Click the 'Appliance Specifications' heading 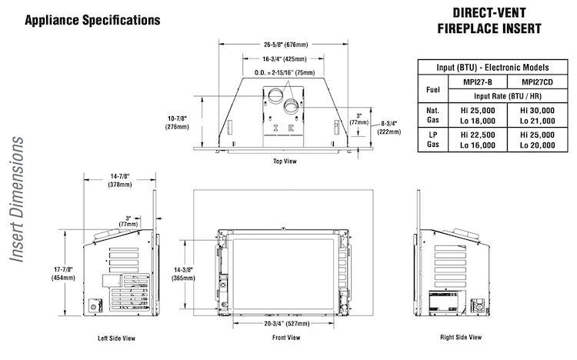[x=92, y=20]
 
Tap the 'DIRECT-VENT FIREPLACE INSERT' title [x=489, y=21]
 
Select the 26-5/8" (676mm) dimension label [x=285, y=45]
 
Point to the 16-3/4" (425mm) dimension [x=285, y=59]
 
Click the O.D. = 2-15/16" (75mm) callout [x=285, y=72]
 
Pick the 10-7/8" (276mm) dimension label [x=177, y=122]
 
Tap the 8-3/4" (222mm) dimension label [x=389, y=128]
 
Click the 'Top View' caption [x=285, y=162]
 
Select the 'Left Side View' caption [x=116, y=338]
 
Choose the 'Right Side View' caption [x=461, y=337]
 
